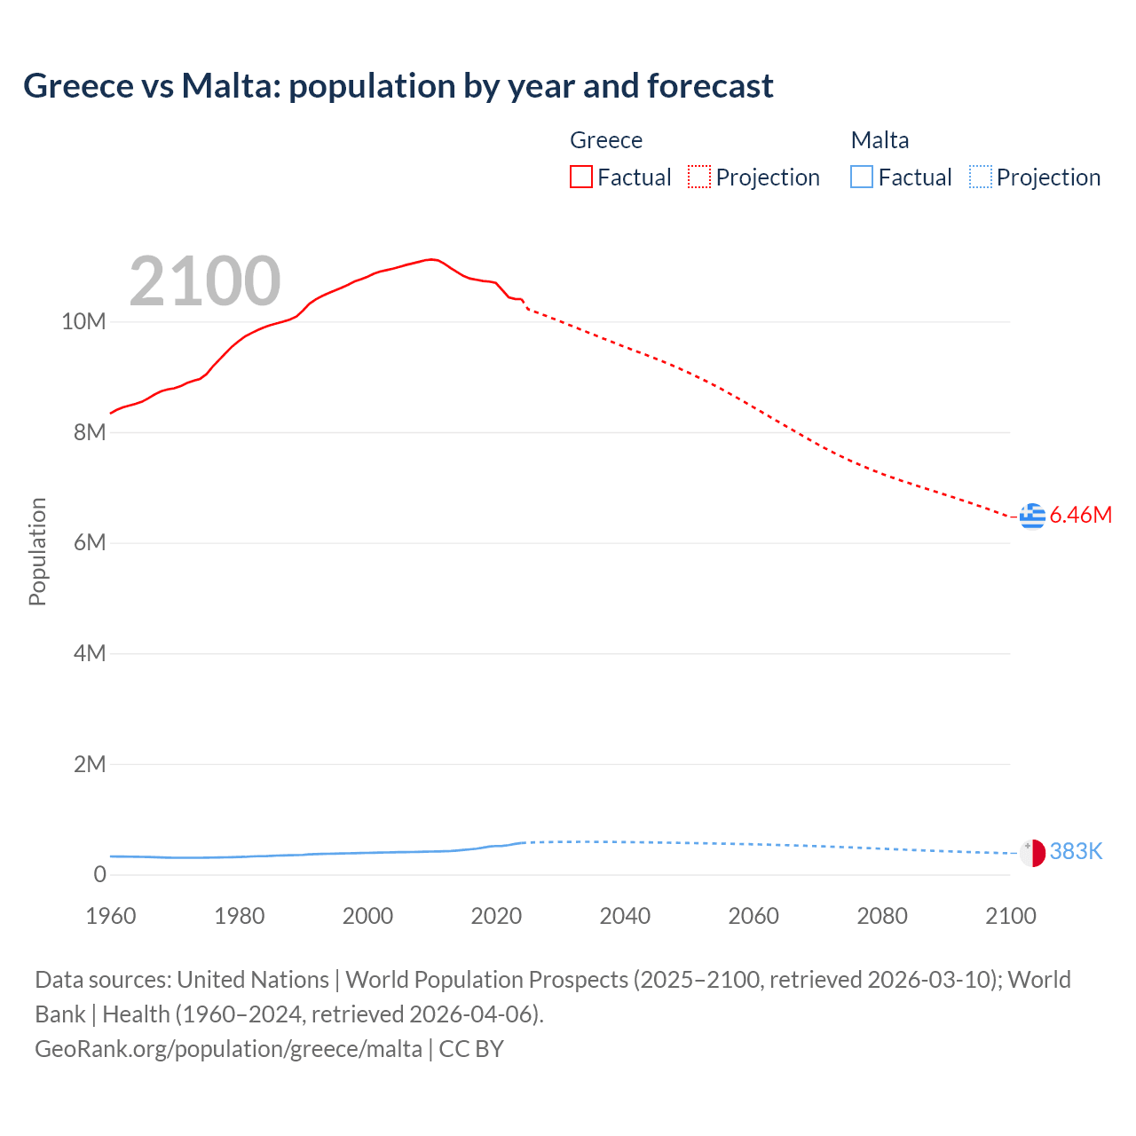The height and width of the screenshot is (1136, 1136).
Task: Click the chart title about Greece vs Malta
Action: click(x=398, y=86)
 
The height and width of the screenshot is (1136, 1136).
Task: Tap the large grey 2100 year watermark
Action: click(x=205, y=281)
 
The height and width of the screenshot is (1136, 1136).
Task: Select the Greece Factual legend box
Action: click(x=581, y=177)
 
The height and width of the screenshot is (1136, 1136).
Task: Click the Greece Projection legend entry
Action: click(x=753, y=177)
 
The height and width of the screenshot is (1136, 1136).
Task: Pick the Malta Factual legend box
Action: click(x=862, y=177)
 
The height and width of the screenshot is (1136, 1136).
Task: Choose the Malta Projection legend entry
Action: click(x=1035, y=177)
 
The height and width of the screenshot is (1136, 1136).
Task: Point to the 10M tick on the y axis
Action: click(x=83, y=321)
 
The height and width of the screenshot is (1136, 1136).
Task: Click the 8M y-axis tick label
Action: click(x=89, y=432)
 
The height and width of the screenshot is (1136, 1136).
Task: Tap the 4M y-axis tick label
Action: click(x=89, y=653)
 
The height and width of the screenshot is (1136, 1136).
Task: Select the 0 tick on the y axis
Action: click(x=99, y=874)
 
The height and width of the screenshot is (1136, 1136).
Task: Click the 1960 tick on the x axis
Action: click(x=111, y=916)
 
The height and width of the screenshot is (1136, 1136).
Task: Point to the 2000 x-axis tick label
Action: click(x=367, y=916)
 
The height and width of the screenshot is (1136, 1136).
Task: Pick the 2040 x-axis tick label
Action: click(x=625, y=916)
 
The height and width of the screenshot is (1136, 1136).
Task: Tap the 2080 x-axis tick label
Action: click(x=882, y=916)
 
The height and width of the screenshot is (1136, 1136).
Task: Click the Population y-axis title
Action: click(x=37, y=551)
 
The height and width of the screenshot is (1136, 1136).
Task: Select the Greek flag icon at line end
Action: click(x=1032, y=515)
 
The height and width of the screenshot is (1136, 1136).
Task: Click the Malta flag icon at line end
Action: click(x=1032, y=852)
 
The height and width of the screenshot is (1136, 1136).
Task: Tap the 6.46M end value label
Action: click(x=1080, y=515)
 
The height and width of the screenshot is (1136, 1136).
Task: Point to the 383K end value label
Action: click(x=1076, y=852)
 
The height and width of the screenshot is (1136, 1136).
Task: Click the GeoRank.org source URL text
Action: click(x=229, y=1049)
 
